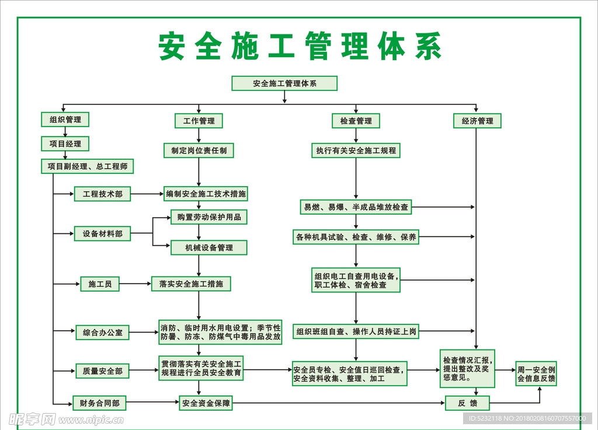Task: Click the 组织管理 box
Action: pyautogui.click(x=65, y=120)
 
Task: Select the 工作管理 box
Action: pyautogui.click(x=199, y=121)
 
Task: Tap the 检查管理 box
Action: pyautogui.click(x=356, y=121)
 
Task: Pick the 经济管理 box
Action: pyautogui.click(x=477, y=121)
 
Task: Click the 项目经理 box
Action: pyautogui.click(x=65, y=144)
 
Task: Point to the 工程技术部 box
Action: pyautogui.click(x=102, y=194)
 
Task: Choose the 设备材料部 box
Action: pyautogui.click(x=102, y=234)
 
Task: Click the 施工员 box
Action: pyautogui.click(x=100, y=284)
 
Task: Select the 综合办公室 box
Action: pyautogui.click(x=102, y=333)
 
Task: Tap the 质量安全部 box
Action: pyautogui.click(x=102, y=371)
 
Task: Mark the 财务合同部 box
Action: pyautogui.click(x=99, y=403)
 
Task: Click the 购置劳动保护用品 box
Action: pyautogui.click(x=208, y=217)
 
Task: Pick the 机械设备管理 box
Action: pyautogui.click(x=208, y=247)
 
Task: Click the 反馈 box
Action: pyautogui.click(x=467, y=403)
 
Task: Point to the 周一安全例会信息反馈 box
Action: pyautogui.click(x=536, y=374)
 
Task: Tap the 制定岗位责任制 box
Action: pyautogui.click(x=199, y=151)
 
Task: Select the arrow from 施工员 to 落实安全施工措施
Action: pyautogui.click(x=135, y=284)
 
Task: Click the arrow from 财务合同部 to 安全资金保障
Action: pyautogui.click(x=152, y=403)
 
